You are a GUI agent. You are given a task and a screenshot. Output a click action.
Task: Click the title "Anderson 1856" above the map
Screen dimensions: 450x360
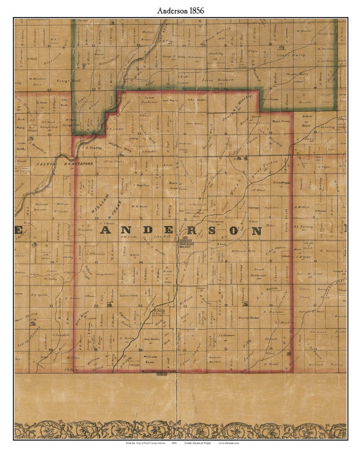click(x=181, y=11)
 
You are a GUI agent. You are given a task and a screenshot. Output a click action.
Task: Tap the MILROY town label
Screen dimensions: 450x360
click(x=184, y=247)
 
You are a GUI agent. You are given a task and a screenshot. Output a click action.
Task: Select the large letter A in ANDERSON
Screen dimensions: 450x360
click(x=106, y=230)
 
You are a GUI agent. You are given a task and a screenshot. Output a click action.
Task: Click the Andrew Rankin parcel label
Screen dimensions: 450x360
click(x=215, y=359)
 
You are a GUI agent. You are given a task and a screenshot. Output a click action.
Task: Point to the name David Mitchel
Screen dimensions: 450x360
click(x=249, y=317)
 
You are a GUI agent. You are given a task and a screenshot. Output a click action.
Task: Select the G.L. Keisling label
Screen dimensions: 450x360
click(x=303, y=227)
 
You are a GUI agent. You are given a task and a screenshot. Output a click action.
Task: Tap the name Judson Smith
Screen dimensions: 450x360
click(x=129, y=295)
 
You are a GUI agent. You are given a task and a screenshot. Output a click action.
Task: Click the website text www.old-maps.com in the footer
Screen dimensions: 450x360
click(x=229, y=443)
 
